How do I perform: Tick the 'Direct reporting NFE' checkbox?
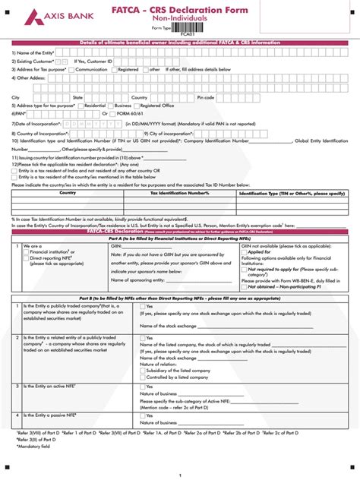coord(26,257)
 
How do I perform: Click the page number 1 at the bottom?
coord(180,475)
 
